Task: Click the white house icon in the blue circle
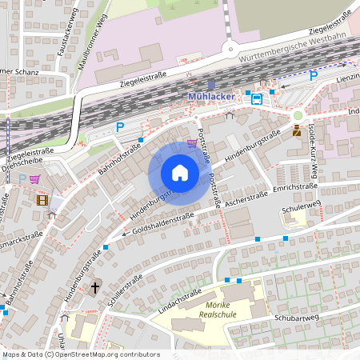pos(180,173)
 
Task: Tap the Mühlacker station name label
pos(211,97)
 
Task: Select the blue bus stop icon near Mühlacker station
pos(256,98)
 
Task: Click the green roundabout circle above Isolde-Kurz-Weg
pos(298,115)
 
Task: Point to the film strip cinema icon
pos(42,199)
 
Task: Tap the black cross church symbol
pos(95,286)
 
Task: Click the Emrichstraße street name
pos(295,187)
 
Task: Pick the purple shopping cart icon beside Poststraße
pos(192,144)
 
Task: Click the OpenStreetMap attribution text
pos(81,354)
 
